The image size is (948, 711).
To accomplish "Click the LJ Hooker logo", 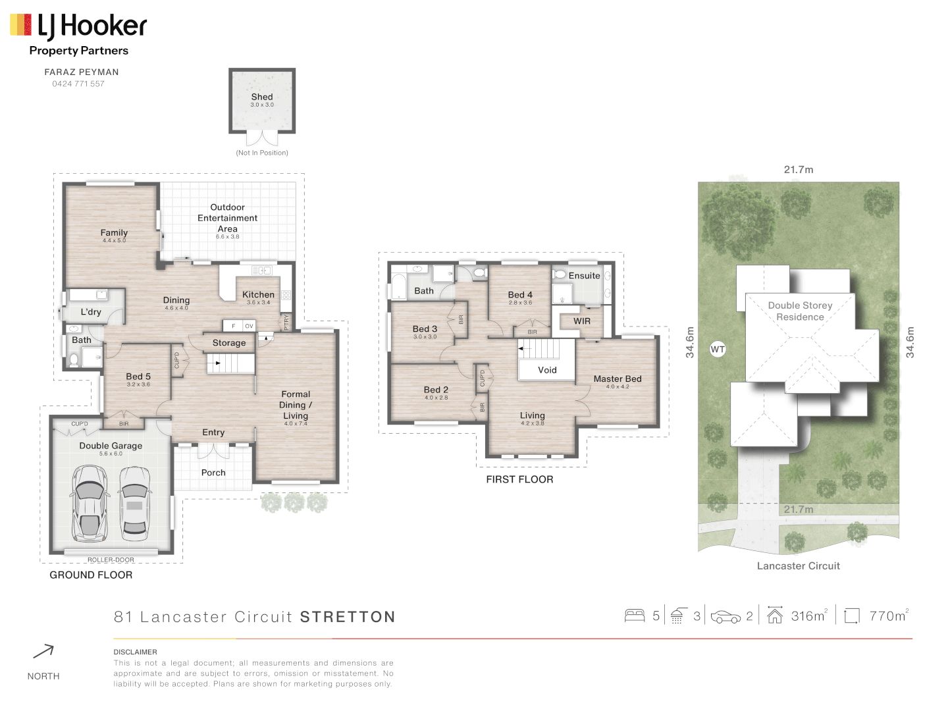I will (x=78, y=27).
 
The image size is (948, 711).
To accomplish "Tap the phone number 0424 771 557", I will (x=78, y=84).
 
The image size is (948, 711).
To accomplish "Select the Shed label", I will (x=262, y=97).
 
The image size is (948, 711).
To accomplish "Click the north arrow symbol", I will (x=43, y=652).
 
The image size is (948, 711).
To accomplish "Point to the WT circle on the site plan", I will (x=718, y=350).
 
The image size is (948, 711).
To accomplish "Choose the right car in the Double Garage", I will (x=134, y=502).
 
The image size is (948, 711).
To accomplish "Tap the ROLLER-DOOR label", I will (x=111, y=560).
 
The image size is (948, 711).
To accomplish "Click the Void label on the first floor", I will (x=547, y=370).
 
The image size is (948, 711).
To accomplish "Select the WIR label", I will (x=582, y=321).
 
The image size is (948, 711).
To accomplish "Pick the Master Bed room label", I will (x=618, y=379).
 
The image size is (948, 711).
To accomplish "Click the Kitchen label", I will (x=258, y=295).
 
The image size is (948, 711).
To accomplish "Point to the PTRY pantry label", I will (x=286, y=322).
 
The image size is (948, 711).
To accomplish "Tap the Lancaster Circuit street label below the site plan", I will (x=798, y=566).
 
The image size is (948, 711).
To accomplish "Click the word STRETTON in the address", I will (x=348, y=617).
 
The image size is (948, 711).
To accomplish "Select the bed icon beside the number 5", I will (x=635, y=616).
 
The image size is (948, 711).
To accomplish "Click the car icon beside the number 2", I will (x=725, y=617).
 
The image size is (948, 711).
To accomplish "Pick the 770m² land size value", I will (x=888, y=616).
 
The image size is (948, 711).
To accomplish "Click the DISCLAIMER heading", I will (x=135, y=652).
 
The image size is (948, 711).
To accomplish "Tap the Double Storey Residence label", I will (x=800, y=311).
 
